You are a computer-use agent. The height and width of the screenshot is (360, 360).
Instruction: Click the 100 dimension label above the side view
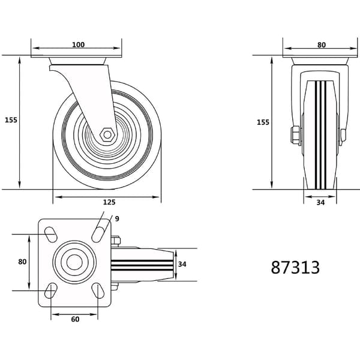click(78, 44)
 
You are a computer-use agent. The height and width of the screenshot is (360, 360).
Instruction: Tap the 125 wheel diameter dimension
click(109, 202)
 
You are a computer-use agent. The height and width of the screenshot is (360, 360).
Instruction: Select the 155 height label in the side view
click(11, 120)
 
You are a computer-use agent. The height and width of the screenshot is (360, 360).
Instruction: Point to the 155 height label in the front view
click(263, 122)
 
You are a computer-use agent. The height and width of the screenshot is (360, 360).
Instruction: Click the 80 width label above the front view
click(322, 45)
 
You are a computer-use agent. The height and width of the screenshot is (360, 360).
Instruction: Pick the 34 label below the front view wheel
click(320, 203)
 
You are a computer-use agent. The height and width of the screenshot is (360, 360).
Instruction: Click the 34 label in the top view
click(182, 264)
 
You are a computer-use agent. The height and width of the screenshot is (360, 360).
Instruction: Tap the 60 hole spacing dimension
click(75, 319)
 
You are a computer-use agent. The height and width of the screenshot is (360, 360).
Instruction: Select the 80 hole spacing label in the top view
click(22, 262)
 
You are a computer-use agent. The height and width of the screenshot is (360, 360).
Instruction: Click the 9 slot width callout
click(117, 219)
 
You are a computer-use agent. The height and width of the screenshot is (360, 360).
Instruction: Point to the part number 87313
click(295, 268)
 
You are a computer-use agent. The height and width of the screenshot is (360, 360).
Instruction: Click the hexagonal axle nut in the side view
click(107, 135)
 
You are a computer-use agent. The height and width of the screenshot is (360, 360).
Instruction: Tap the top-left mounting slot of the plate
click(50, 235)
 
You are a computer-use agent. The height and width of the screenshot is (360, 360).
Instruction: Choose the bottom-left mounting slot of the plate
click(51, 290)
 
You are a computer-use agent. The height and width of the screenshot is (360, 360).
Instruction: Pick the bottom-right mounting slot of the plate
click(98, 290)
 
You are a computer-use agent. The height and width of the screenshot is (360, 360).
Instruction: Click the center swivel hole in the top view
click(74, 262)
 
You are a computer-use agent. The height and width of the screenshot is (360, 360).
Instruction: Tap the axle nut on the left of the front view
click(295, 136)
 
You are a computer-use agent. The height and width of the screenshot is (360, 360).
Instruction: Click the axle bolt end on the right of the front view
click(343, 136)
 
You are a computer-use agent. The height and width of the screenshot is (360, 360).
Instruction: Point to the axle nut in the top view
click(115, 241)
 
